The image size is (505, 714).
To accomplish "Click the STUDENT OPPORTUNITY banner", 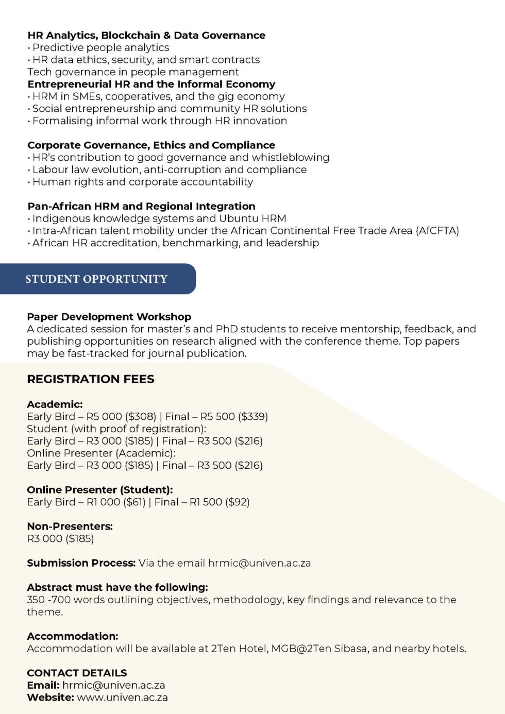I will coord(96,279).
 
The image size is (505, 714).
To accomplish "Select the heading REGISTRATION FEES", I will coord(91,379).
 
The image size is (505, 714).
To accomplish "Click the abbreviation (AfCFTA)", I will coord(437,231).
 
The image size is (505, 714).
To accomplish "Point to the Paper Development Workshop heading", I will coord(109,317).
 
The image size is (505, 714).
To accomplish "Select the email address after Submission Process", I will coord(259,563).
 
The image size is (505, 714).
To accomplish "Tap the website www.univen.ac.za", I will coord(122,698).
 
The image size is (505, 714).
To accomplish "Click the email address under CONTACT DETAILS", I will coord(113,685).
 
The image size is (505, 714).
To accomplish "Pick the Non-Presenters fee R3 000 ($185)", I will coord(60,539).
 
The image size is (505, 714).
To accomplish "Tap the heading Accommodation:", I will coord(73,636).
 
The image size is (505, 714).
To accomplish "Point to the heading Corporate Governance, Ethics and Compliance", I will coord(151,145).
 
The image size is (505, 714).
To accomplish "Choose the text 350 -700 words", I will coord(65,600).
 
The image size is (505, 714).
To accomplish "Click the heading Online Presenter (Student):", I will coord(100,490).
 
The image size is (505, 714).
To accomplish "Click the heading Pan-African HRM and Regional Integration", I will coord(141,206).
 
